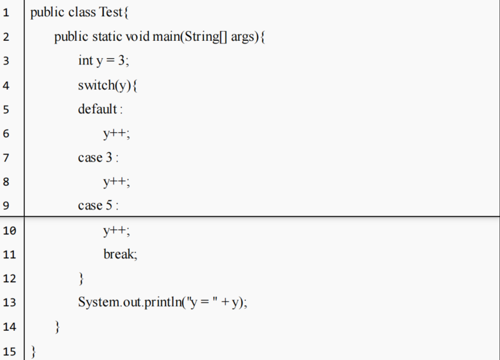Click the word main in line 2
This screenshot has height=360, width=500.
[x=166, y=37]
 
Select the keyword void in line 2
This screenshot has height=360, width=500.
[x=137, y=37]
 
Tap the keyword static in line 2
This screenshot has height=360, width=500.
[x=107, y=37]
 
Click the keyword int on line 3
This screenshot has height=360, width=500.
[x=85, y=61]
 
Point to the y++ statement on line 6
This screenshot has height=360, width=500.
[x=116, y=134]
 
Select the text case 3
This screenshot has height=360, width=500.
[x=96, y=158]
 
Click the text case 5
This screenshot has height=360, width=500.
[x=96, y=206]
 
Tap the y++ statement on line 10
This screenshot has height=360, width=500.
[x=116, y=231]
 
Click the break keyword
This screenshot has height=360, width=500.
[x=120, y=254]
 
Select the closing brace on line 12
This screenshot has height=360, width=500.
[x=81, y=279]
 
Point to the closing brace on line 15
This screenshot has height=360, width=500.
[x=33, y=351]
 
